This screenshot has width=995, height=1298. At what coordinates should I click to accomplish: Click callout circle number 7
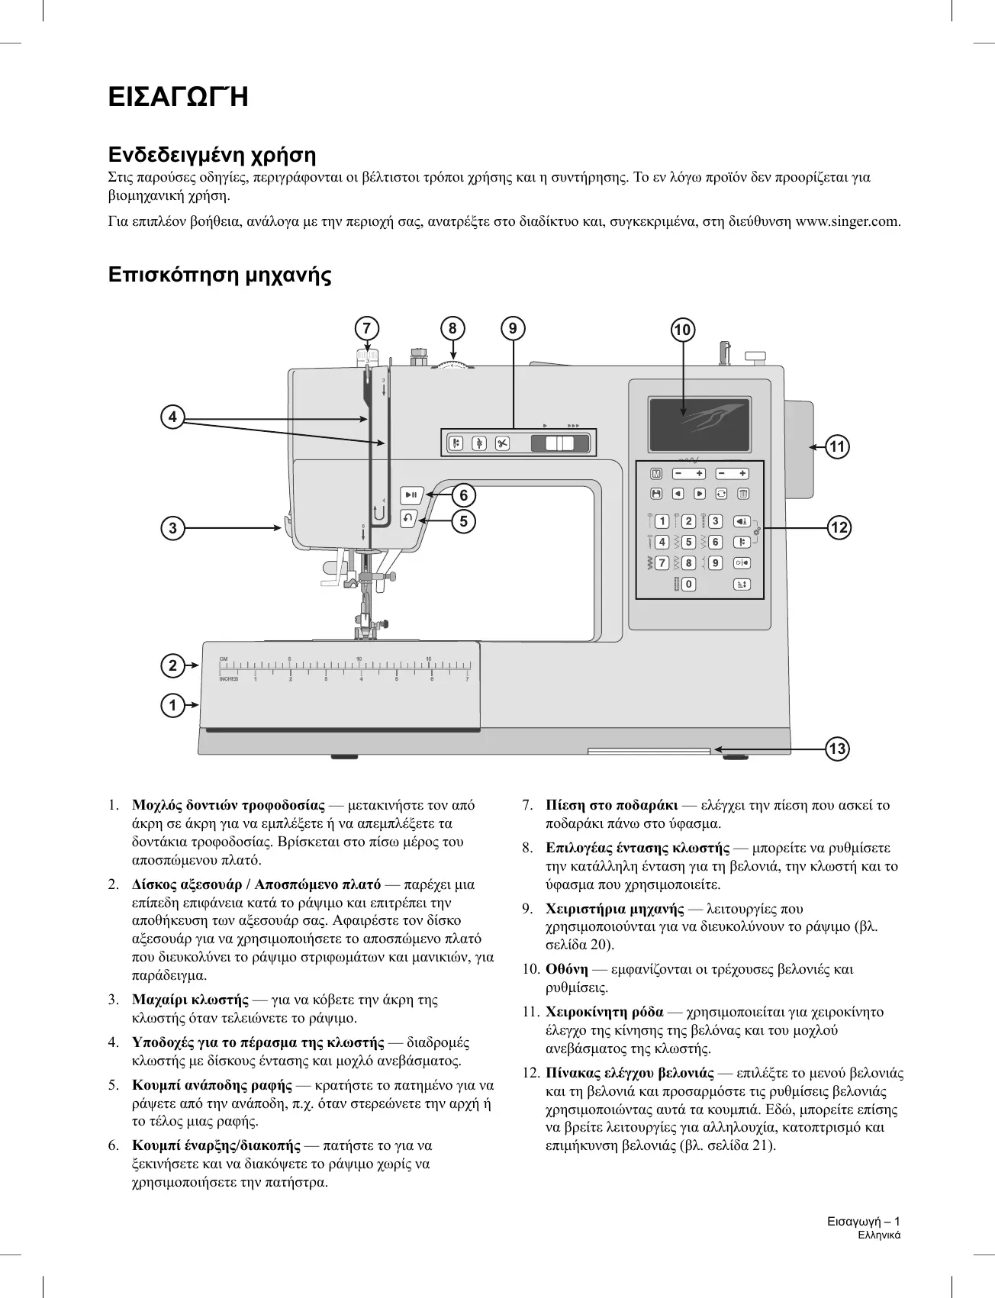coord(367,328)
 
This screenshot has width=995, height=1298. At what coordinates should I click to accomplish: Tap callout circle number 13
coord(837,749)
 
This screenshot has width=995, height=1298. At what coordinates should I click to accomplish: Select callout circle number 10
coord(682,330)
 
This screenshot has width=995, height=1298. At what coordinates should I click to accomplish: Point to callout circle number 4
coord(173,417)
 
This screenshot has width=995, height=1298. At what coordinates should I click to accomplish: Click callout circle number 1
coord(173,705)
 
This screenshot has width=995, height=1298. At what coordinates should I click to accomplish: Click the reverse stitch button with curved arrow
coord(408,518)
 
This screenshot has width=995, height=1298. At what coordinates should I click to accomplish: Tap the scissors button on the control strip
coord(502,443)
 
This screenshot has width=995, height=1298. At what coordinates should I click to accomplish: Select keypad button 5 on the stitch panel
coord(688,543)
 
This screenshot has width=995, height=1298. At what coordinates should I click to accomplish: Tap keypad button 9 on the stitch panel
coord(715,563)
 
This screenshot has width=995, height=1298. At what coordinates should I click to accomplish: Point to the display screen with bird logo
coord(700,424)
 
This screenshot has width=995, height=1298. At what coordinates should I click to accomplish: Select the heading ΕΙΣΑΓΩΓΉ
coord(179,98)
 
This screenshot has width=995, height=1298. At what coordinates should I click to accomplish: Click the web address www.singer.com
coord(848,222)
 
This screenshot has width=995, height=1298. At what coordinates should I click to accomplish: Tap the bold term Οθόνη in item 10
coord(567,969)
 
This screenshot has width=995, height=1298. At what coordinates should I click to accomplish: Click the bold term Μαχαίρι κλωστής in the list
coord(190,1000)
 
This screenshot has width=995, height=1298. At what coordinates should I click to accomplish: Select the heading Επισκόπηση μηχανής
coord(220,275)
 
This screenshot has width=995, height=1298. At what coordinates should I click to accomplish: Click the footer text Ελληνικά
coord(879,1235)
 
